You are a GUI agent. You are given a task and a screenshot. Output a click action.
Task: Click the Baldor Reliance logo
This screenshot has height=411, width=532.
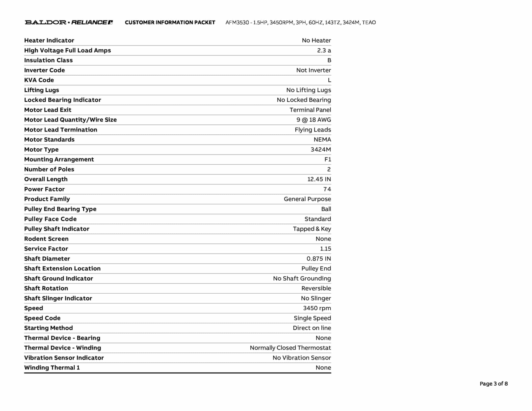point(69,22)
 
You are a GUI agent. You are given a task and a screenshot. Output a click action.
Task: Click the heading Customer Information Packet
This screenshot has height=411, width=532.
point(170,23)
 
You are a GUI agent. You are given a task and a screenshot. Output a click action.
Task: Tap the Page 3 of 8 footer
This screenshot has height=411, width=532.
point(494,383)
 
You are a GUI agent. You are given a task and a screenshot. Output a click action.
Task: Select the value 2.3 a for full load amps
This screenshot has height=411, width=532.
point(324,50)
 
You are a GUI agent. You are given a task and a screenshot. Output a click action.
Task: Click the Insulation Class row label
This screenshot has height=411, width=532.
point(48,60)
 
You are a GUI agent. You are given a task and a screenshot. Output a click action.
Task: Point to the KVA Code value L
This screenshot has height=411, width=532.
point(329,80)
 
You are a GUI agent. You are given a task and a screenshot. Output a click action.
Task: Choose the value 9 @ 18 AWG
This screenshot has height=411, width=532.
point(314,120)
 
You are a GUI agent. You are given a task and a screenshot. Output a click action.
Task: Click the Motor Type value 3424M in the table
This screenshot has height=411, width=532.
point(321,149)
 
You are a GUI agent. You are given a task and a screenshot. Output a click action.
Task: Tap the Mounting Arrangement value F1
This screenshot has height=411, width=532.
point(328,159)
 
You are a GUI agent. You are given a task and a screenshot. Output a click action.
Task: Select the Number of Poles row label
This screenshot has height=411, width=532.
point(49,169)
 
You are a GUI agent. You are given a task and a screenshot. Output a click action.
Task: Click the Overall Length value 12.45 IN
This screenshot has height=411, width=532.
point(319,179)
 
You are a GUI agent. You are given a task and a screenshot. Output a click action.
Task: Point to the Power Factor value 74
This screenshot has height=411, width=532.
point(327,189)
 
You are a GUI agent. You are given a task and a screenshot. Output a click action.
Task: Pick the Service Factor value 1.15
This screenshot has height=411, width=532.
point(325,249)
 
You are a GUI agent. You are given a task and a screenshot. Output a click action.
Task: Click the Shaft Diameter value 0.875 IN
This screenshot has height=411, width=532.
point(318,258)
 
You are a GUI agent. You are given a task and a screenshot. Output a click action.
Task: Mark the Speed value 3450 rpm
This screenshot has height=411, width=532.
point(317,308)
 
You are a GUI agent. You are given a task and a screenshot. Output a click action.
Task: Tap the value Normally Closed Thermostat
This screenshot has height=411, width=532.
point(290,348)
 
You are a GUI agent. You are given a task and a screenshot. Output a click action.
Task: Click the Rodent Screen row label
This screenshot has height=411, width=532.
point(46,239)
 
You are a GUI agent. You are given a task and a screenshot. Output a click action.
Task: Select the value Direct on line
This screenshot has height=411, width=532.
point(312,328)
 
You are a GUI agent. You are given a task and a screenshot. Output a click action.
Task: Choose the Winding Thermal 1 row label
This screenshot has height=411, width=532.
point(52,368)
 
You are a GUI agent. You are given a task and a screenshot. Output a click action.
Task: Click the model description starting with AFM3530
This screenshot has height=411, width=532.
point(301,23)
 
